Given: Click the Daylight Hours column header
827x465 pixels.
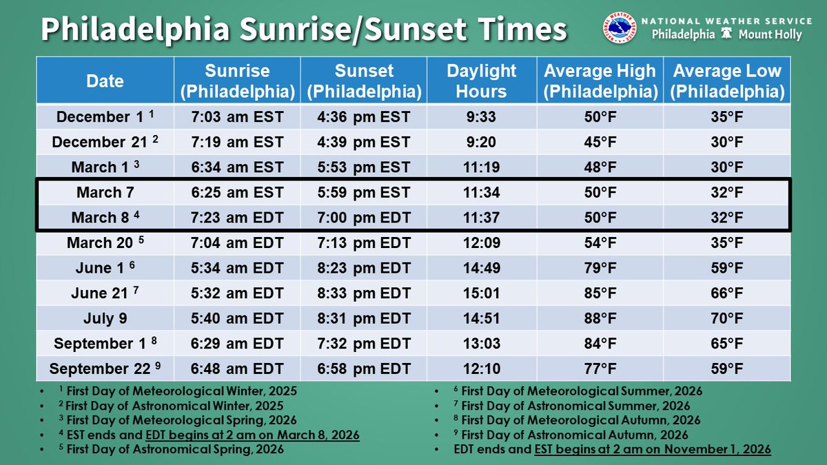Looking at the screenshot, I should click(481, 81).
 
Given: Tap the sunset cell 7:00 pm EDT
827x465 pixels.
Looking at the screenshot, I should click(364, 218).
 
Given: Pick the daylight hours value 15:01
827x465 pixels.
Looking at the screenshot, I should click(481, 293).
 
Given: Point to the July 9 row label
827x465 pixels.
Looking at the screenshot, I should click(105, 318).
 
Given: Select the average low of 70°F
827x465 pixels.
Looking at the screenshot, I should click(727, 318).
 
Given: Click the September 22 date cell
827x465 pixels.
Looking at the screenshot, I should click(105, 369).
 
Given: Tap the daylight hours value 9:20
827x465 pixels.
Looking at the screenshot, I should click(481, 142).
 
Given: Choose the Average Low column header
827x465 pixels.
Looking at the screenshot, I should click(727, 81).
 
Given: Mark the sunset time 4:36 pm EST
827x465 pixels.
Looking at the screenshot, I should click(364, 117).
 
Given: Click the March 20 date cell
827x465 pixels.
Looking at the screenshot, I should click(105, 243).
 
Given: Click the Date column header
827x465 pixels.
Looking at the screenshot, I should click(105, 81).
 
